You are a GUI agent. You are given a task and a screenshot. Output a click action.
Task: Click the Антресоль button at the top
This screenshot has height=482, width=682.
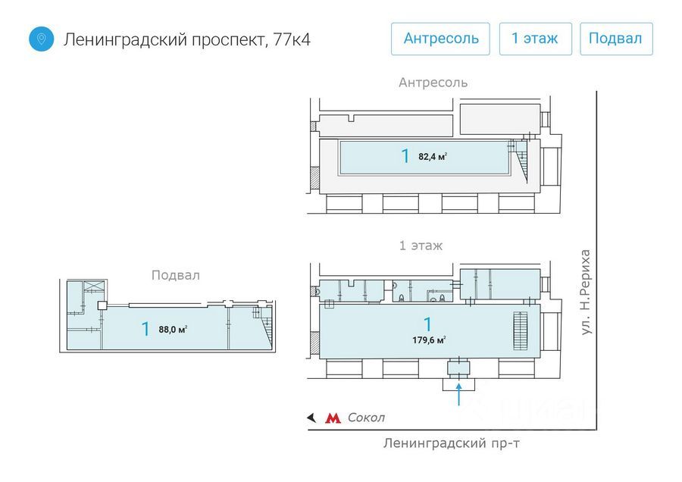tap(441, 39)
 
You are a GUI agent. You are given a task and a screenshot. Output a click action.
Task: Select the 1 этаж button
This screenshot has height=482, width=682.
tap(535, 39)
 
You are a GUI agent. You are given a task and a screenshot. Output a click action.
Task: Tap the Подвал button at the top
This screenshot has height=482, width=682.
tap(616, 39)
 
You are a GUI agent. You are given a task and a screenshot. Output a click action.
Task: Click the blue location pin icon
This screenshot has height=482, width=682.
tap(42, 39)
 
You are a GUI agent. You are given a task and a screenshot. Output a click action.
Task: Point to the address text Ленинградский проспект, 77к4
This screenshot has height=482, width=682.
tap(187, 39)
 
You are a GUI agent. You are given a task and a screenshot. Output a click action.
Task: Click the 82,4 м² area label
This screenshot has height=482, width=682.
tap(432, 157)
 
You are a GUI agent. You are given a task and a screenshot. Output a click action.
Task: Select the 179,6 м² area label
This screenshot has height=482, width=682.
tap(429, 340)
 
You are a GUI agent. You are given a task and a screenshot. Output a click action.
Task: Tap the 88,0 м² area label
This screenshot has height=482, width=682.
tap(173, 329)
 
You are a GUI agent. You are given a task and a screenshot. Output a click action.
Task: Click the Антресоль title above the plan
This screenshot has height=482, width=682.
tap(433, 83)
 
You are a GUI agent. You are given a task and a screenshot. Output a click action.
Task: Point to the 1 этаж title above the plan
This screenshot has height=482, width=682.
tap(421, 246)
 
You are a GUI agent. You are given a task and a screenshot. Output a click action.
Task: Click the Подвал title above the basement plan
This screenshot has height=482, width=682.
tap(175, 275)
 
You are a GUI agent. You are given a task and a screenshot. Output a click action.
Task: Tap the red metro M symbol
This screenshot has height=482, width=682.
tap(333, 418)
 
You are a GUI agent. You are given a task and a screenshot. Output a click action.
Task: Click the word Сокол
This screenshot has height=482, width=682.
tap(366, 418)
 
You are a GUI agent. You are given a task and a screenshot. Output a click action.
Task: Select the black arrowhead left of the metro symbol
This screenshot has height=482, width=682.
tap(310, 418)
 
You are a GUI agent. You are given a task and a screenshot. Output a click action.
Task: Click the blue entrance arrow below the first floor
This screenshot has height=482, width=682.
tap(459, 395)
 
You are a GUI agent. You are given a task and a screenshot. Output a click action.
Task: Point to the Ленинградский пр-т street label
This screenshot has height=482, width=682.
tap(433, 443)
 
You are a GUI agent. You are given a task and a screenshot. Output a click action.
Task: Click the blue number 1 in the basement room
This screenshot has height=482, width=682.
tap(145, 329)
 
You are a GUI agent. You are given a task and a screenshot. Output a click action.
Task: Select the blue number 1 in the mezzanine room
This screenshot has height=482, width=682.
tap(405, 157)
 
